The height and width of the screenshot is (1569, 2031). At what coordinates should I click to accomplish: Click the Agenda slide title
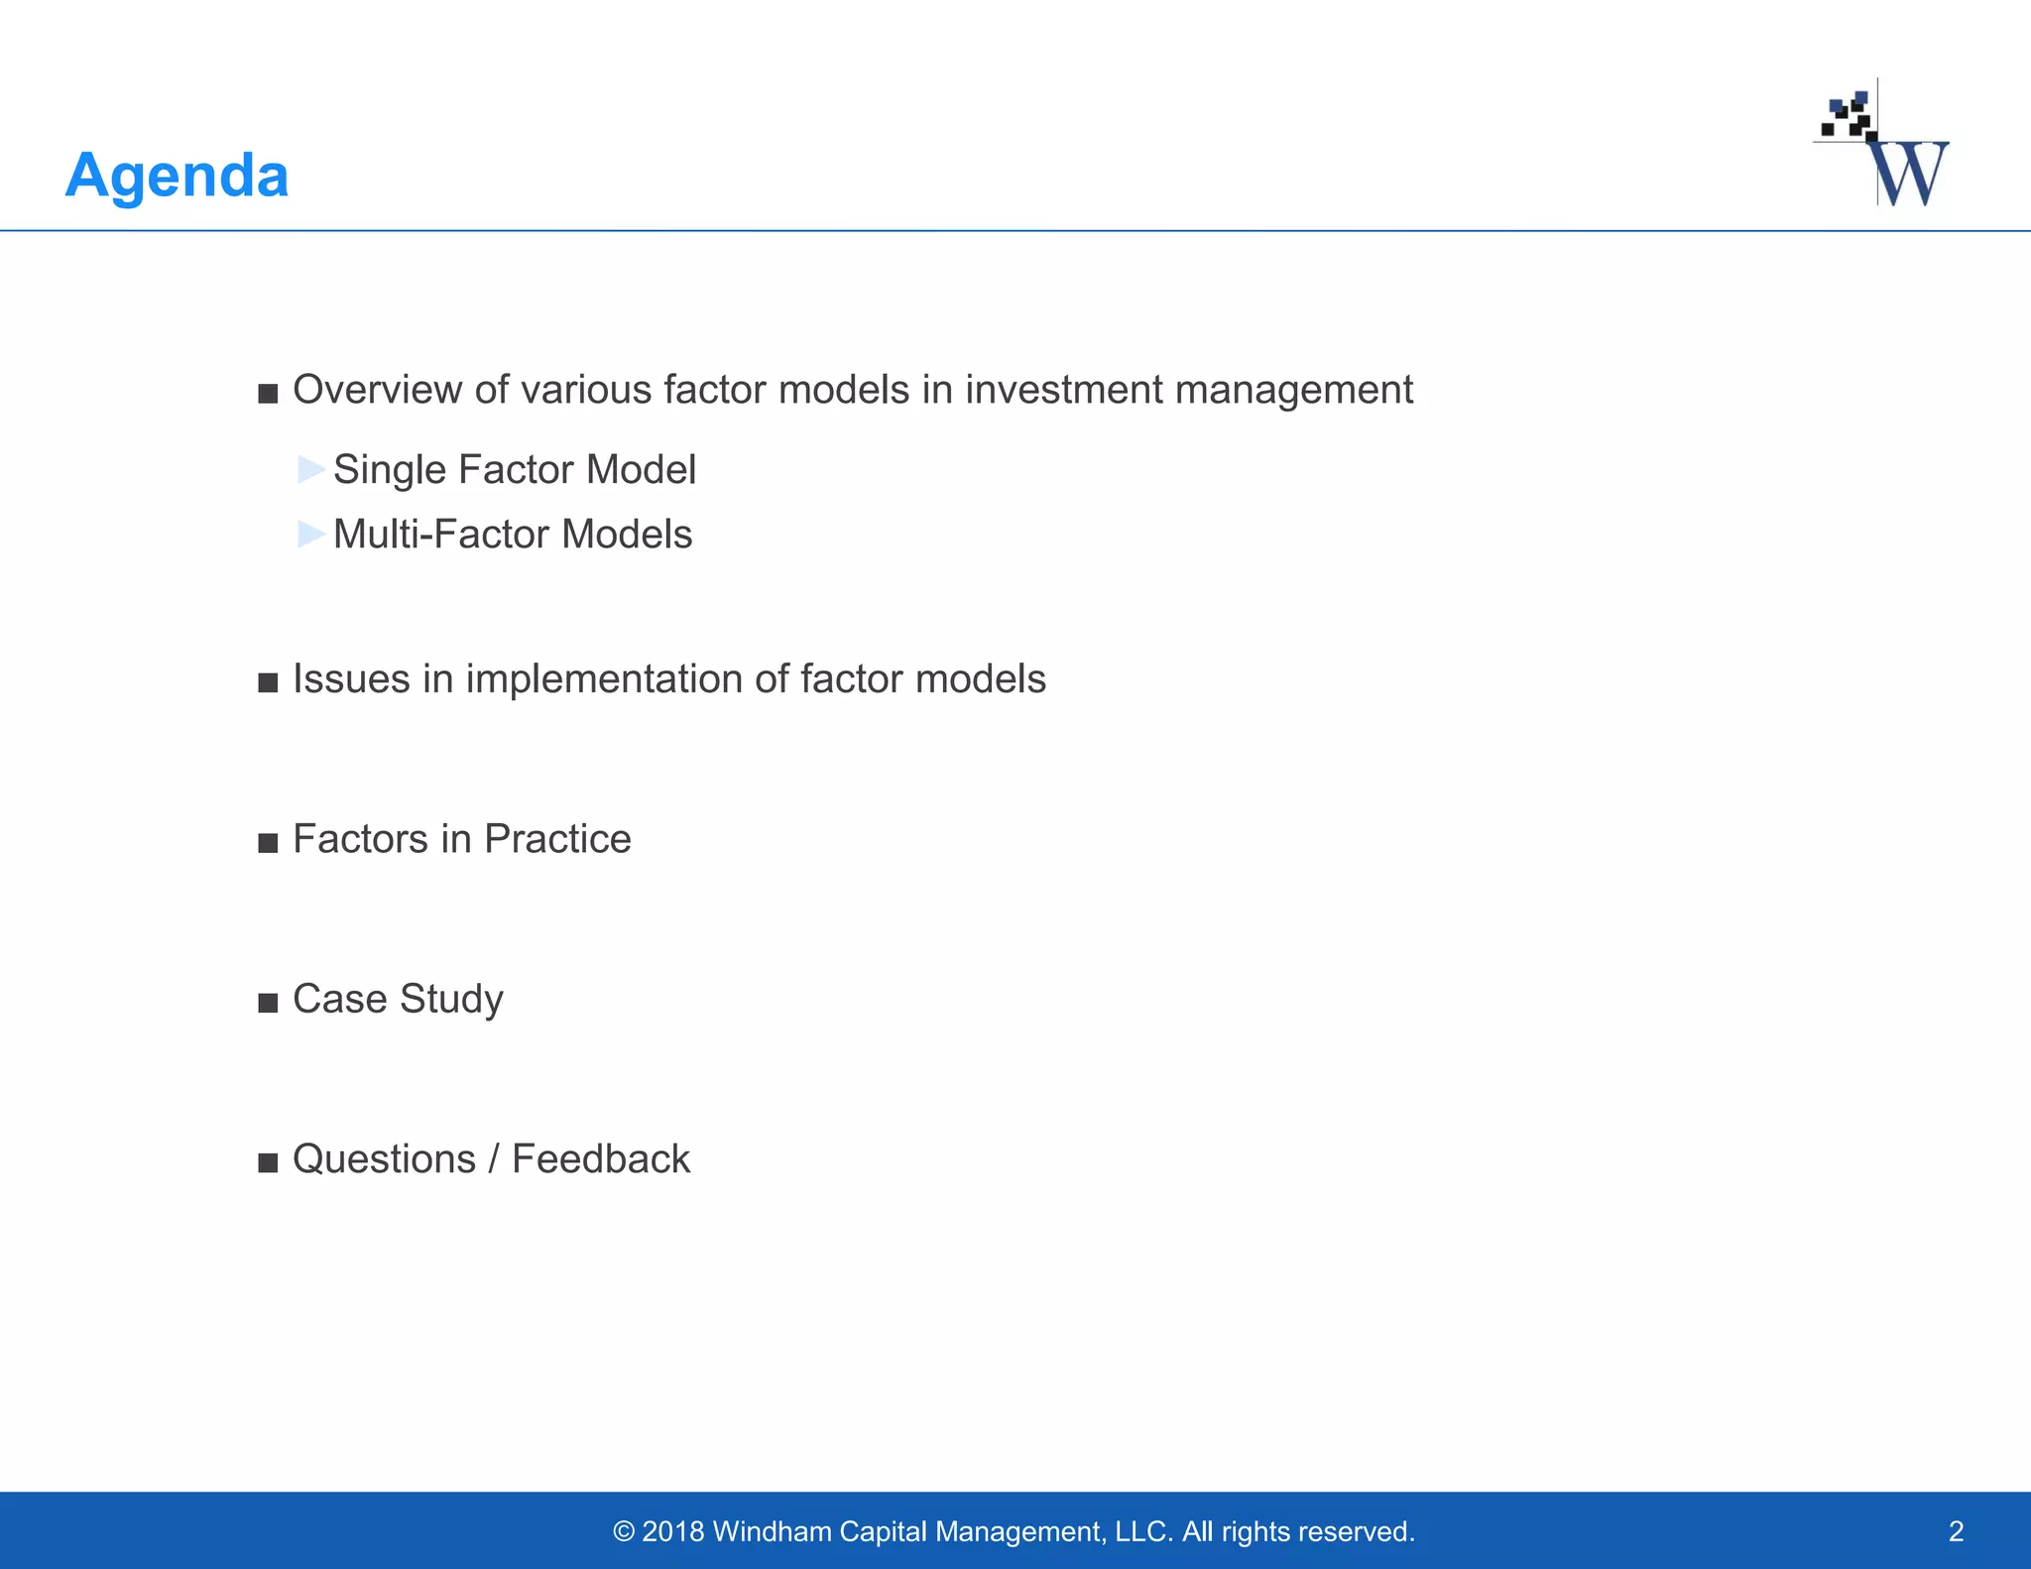click(x=177, y=176)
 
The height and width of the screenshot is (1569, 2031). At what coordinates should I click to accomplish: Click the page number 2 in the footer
click(x=1956, y=1531)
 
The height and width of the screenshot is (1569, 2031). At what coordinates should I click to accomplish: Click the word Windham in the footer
click(x=772, y=1531)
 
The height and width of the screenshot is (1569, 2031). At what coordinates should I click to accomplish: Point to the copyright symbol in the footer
click(x=623, y=1532)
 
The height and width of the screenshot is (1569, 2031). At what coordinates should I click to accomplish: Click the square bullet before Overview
click(x=268, y=394)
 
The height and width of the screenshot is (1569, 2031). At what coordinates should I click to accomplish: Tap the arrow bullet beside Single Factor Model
click(x=311, y=469)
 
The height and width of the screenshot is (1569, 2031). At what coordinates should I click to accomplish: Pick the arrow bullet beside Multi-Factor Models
click(x=311, y=534)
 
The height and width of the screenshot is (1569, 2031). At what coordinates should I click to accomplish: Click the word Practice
click(x=557, y=839)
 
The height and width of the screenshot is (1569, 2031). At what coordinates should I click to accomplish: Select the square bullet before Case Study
click(x=268, y=1003)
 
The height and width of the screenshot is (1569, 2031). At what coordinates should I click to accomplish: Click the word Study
click(x=451, y=1000)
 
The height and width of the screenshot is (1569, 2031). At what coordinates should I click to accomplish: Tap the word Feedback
click(x=600, y=1159)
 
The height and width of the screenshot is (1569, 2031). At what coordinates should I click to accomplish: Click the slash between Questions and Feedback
click(x=494, y=1159)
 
